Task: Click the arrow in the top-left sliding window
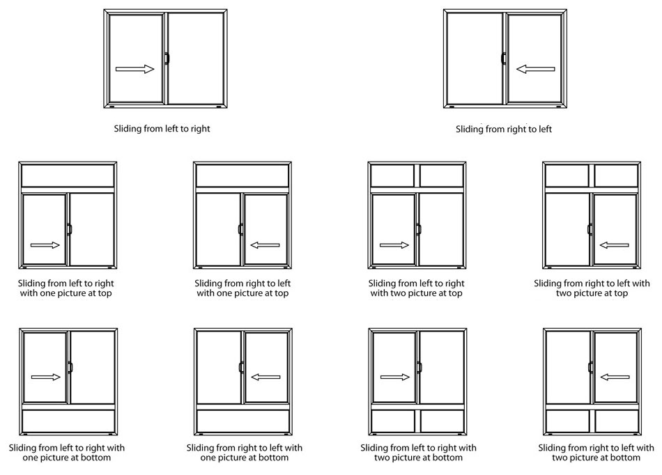134,69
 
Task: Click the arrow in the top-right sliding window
535,69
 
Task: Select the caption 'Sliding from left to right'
162,129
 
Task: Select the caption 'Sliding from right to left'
504,129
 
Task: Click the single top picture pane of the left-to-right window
68,176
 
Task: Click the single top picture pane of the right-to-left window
243,176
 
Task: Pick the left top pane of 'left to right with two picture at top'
393,176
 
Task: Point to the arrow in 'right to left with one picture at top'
265,245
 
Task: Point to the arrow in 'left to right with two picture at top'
394,245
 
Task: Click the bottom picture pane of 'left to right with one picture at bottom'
68,421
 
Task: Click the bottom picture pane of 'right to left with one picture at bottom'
243,421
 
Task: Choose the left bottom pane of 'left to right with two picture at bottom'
394,421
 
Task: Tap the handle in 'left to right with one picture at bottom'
70,367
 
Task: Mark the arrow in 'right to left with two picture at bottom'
614,377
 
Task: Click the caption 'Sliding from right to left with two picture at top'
592,288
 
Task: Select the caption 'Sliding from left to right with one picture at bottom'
67,452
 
